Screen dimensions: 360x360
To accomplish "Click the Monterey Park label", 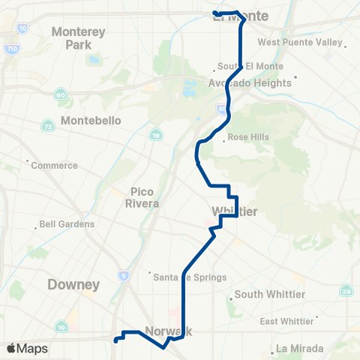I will [x=79, y=37].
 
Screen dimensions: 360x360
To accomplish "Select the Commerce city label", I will [x=55, y=166].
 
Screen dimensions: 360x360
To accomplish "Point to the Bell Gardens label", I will [x=67, y=223].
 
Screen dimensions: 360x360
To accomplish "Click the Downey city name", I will [x=73, y=284].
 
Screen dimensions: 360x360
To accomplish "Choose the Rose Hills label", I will [x=247, y=137].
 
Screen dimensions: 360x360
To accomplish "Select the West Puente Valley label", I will [x=299, y=43].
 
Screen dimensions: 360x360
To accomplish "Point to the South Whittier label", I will [x=269, y=295].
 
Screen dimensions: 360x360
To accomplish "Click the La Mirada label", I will [x=299, y=349].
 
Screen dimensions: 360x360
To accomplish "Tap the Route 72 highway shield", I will [x=48, y=125].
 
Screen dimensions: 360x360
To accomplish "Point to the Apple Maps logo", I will [x=27, y=348].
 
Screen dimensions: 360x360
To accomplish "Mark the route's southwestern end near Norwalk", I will [x=115, y=340].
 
